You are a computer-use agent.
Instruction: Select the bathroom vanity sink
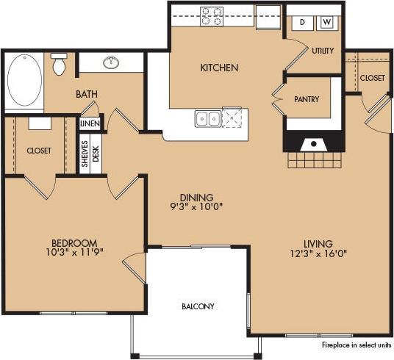point(112,62)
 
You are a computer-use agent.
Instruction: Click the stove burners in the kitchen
point(212,15)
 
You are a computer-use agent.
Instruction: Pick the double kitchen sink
point(207,118)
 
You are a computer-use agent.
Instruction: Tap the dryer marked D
point(301,23)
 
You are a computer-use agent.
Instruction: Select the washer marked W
point(327,23)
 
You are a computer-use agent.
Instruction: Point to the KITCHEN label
point(219,68)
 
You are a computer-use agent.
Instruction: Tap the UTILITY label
point(322,51)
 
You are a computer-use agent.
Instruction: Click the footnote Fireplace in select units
point(355,344)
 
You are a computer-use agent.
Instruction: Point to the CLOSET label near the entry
point(372,77)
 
